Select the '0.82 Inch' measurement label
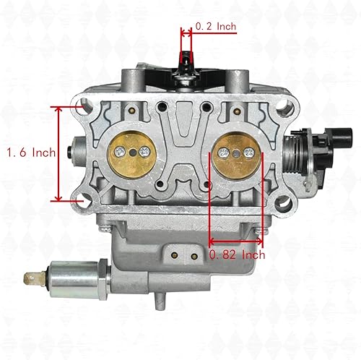pos(236,254)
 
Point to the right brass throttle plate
pos(236,153)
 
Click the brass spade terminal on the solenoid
pos(32,275)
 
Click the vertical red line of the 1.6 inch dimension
pos(58,153)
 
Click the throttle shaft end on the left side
pos(69,153)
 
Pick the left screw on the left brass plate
pos(117,152)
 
